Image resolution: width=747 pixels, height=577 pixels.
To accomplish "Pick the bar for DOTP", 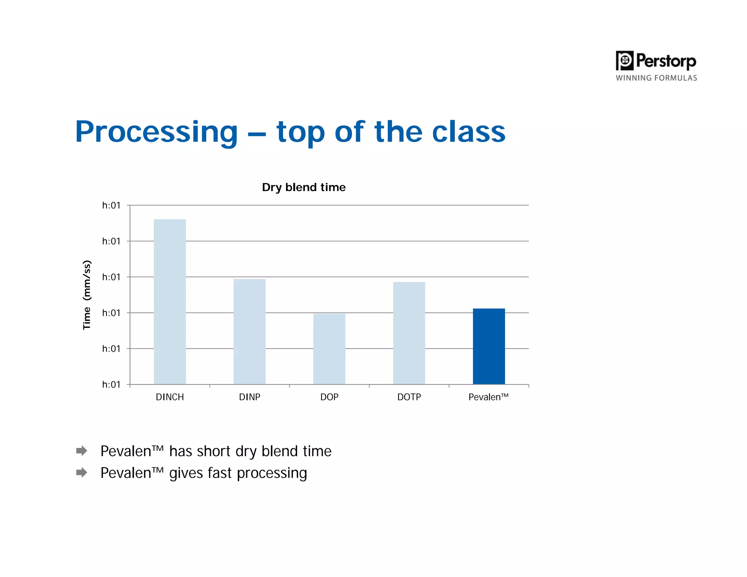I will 409,333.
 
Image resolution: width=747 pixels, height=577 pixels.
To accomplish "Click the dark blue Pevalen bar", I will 489,346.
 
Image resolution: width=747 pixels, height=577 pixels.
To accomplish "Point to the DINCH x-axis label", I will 170,397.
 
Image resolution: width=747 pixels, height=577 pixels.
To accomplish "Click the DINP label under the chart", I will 249,397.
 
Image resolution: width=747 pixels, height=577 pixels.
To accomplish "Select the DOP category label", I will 329,397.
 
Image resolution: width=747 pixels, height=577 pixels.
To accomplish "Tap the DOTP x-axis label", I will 409,397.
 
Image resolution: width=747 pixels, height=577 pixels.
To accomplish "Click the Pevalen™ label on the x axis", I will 488,397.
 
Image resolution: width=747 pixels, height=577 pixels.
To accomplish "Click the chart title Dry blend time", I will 303,187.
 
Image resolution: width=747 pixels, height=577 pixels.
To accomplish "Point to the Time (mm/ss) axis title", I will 87,295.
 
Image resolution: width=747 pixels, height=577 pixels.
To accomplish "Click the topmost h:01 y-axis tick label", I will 111,205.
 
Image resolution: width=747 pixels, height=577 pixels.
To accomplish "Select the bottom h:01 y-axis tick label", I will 111,384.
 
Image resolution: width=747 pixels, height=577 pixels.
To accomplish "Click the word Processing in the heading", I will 156,132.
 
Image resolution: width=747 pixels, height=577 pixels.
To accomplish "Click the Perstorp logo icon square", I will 624,61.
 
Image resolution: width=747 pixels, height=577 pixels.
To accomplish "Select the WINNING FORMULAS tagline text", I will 656,78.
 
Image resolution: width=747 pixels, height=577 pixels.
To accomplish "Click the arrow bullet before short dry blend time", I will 82,451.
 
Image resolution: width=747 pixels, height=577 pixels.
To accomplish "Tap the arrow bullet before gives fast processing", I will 82,473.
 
